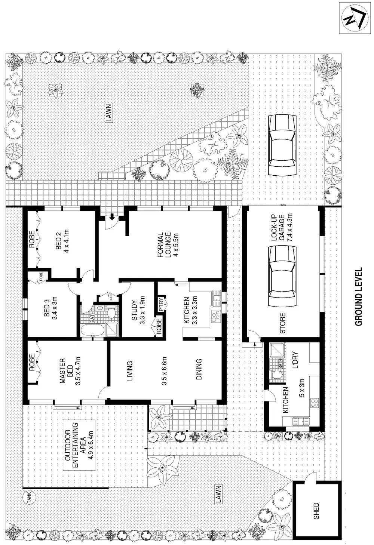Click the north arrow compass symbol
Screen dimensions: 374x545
pyautogui.click(x=352, y=18)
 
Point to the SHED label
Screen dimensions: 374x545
pyautogui.click(x=316, y=511)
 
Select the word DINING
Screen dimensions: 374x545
pyautogui.click(x=199, y=369)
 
